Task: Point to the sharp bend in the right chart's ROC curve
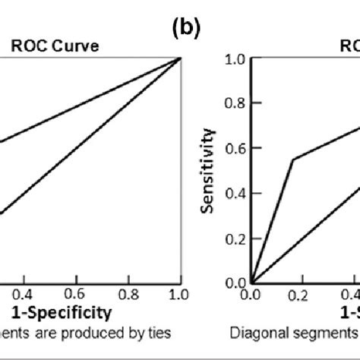(x=292, y=159)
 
